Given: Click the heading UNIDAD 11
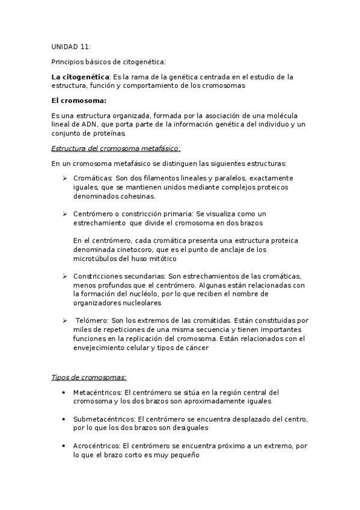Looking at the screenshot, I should [71, 46].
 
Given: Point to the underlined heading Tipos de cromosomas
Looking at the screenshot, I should [88, 377].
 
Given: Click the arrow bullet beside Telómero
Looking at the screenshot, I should [64, 321].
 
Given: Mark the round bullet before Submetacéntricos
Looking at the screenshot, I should [64, 419].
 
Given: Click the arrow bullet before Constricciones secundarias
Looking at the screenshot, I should [64, 276].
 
